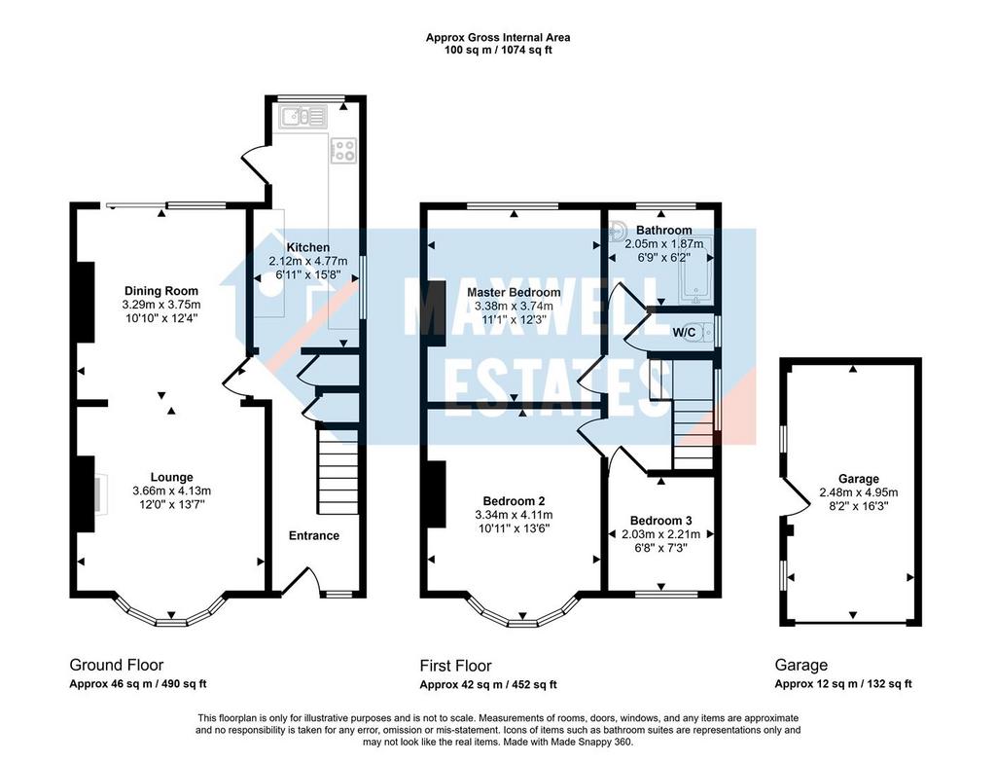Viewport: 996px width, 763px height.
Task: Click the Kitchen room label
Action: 308,247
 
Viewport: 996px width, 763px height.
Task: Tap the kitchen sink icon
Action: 302,117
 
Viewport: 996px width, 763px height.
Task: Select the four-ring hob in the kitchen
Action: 343,150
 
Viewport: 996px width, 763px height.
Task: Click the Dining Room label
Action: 161,291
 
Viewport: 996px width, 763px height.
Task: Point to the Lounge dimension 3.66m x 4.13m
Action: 171,490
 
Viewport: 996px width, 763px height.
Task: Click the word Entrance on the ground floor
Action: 314,535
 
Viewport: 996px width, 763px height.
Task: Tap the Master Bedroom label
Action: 514,293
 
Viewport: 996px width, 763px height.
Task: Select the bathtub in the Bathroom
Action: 696,271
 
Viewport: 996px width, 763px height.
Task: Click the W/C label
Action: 684,332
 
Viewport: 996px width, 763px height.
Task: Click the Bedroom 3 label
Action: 660,521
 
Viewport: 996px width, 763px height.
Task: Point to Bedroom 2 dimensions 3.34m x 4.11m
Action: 514,515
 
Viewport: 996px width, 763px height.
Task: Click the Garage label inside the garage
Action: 859,479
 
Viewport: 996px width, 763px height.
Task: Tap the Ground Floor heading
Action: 117,665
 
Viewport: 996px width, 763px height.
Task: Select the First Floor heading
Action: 455,666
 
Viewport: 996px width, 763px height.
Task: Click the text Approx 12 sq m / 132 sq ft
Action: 843,684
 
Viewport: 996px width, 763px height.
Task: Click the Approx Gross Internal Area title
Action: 498,38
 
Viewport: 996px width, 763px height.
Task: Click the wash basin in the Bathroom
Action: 617,232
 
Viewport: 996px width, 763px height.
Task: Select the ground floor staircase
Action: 338,471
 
